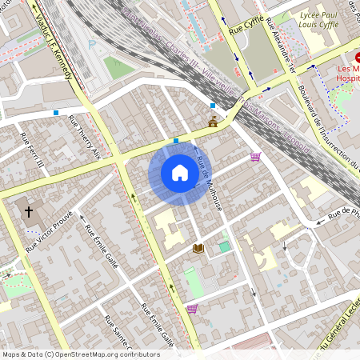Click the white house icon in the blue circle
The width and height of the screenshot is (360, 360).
179,173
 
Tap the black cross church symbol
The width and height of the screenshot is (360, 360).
30,212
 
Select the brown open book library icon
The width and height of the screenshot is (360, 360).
198,249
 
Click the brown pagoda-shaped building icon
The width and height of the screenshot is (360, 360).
213,122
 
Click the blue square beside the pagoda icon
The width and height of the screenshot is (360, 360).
212,106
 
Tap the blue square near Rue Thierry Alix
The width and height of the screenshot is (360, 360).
56,113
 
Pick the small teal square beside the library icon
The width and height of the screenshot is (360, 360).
224,246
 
